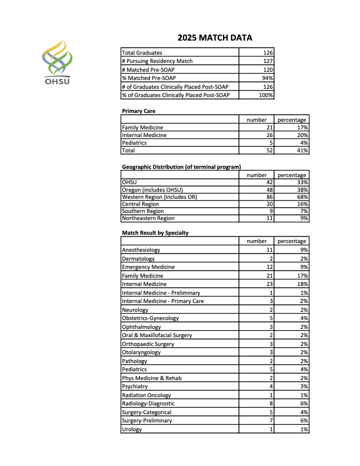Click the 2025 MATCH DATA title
coord(215,38)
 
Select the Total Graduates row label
coord(142,53)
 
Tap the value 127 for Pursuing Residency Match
coord(268,61)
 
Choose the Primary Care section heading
coord(138,111)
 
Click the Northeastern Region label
coord(148,218)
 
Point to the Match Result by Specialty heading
coord(155,233)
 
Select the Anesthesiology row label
coord(141,250)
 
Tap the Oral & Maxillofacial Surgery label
coord(157,335)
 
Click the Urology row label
coord(132,430)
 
